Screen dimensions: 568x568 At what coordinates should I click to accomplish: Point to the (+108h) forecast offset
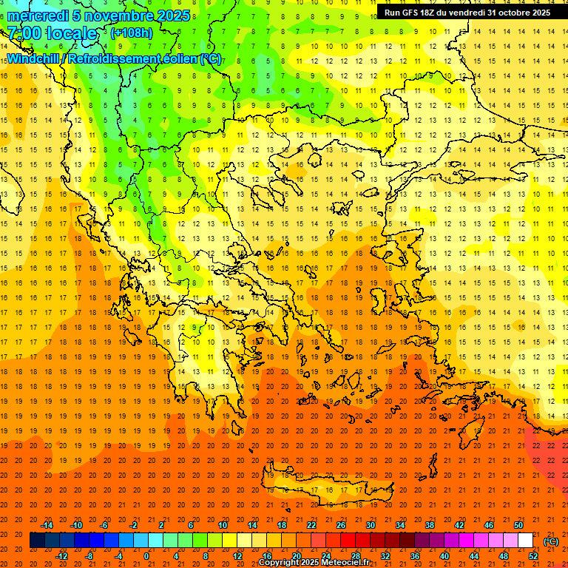coord(132,33)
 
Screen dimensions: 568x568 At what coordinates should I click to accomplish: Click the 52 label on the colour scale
coord(533,556)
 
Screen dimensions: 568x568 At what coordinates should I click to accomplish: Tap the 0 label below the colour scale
coord(147,556)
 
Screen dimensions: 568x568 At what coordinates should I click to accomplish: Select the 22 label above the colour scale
coord(311,525)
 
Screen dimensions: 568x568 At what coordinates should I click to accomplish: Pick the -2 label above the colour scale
coord(133,525)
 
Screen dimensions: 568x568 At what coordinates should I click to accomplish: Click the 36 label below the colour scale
coord(415,556)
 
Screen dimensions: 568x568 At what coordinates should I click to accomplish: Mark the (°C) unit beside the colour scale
coord(551,541)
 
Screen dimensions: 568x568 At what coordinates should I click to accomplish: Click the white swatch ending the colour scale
coord(526,541)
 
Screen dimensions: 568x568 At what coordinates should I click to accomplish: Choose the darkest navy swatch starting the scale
coord(37,541)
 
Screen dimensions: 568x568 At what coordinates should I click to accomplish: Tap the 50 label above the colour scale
coord(518,525)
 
